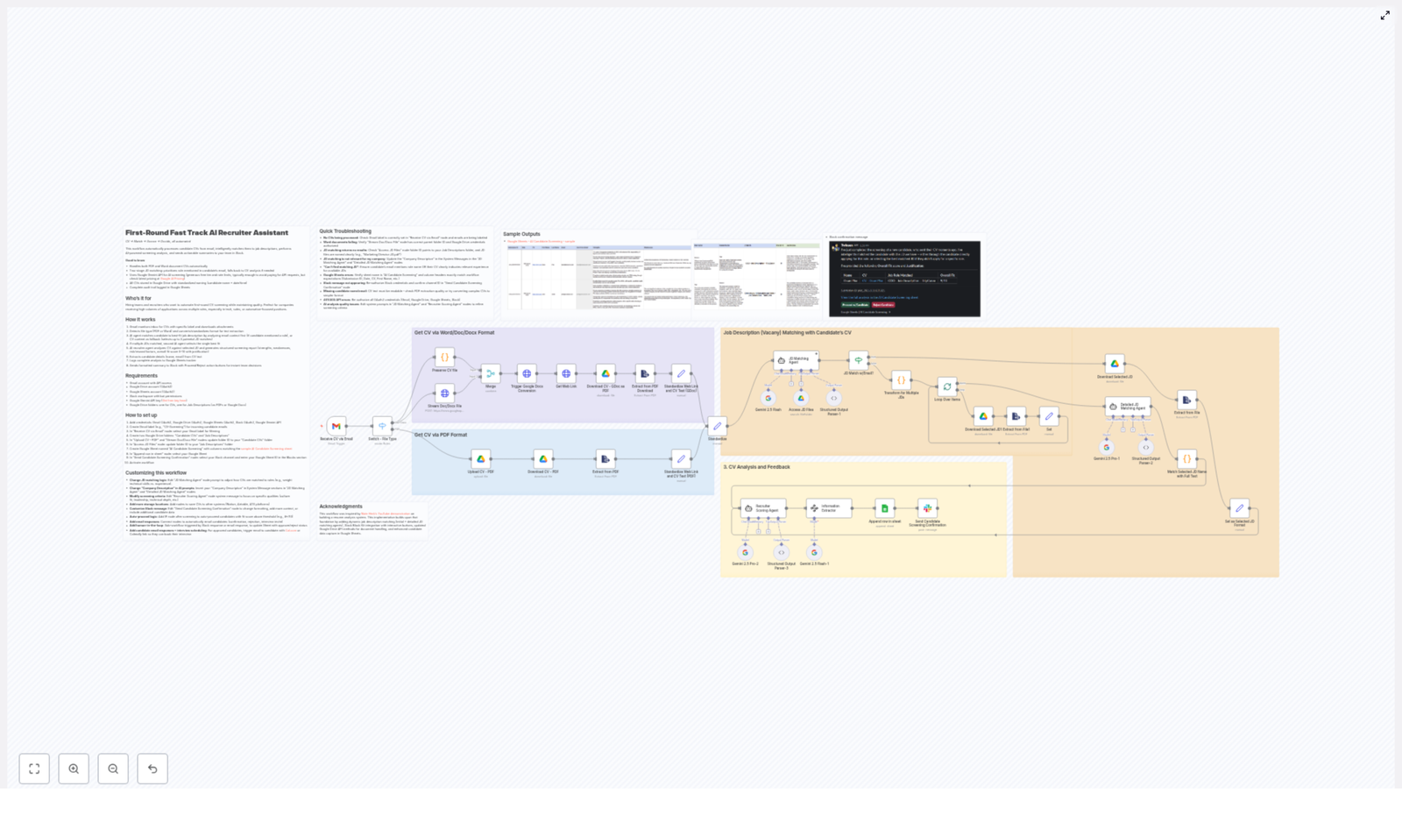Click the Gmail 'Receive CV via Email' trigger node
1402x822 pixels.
click(x=336, y=426)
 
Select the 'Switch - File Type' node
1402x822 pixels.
click(x=382, y=426)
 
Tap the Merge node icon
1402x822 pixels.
click(x=491, y=373)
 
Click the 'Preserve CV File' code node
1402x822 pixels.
click(x=444, y=358)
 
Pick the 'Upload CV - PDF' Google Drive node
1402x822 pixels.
click(x=480, y=459)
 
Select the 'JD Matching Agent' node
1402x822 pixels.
click(x=796, y=360)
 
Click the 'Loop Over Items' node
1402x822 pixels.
click(x=946, y=386)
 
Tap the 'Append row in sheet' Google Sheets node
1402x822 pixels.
click(x=884, y=508)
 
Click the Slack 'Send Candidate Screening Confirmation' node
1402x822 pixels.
click(x=927, y=508)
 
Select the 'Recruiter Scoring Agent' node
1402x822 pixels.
click(x=762, y=508)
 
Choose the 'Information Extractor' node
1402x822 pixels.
click(x=828, y=508)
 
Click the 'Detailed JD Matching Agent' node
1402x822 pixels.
click(x=1128, y=407)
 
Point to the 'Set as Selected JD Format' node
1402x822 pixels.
click(x=1239, y=508)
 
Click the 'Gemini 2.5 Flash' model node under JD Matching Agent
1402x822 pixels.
click(x=768, y=399)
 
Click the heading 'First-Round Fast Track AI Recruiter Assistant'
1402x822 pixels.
click(x=207, y=233)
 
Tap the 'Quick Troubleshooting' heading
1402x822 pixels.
click(x=345, y=231)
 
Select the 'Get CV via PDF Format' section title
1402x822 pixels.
click(x=441, y=435)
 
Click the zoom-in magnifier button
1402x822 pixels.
click(x=74, y=769)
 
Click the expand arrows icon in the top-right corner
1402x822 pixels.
click(x=1385, y=16)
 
